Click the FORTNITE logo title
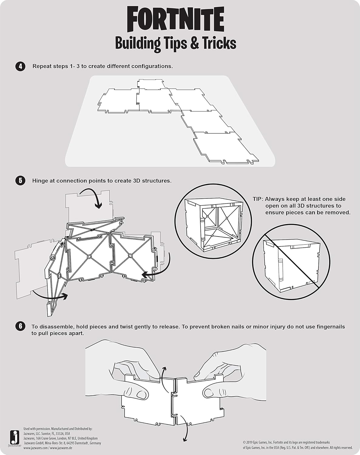pos(175,19)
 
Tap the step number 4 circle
pos(20,66)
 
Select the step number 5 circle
pos(20,181)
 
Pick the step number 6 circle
pos(20,326)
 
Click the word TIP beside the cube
pos(258,199)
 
